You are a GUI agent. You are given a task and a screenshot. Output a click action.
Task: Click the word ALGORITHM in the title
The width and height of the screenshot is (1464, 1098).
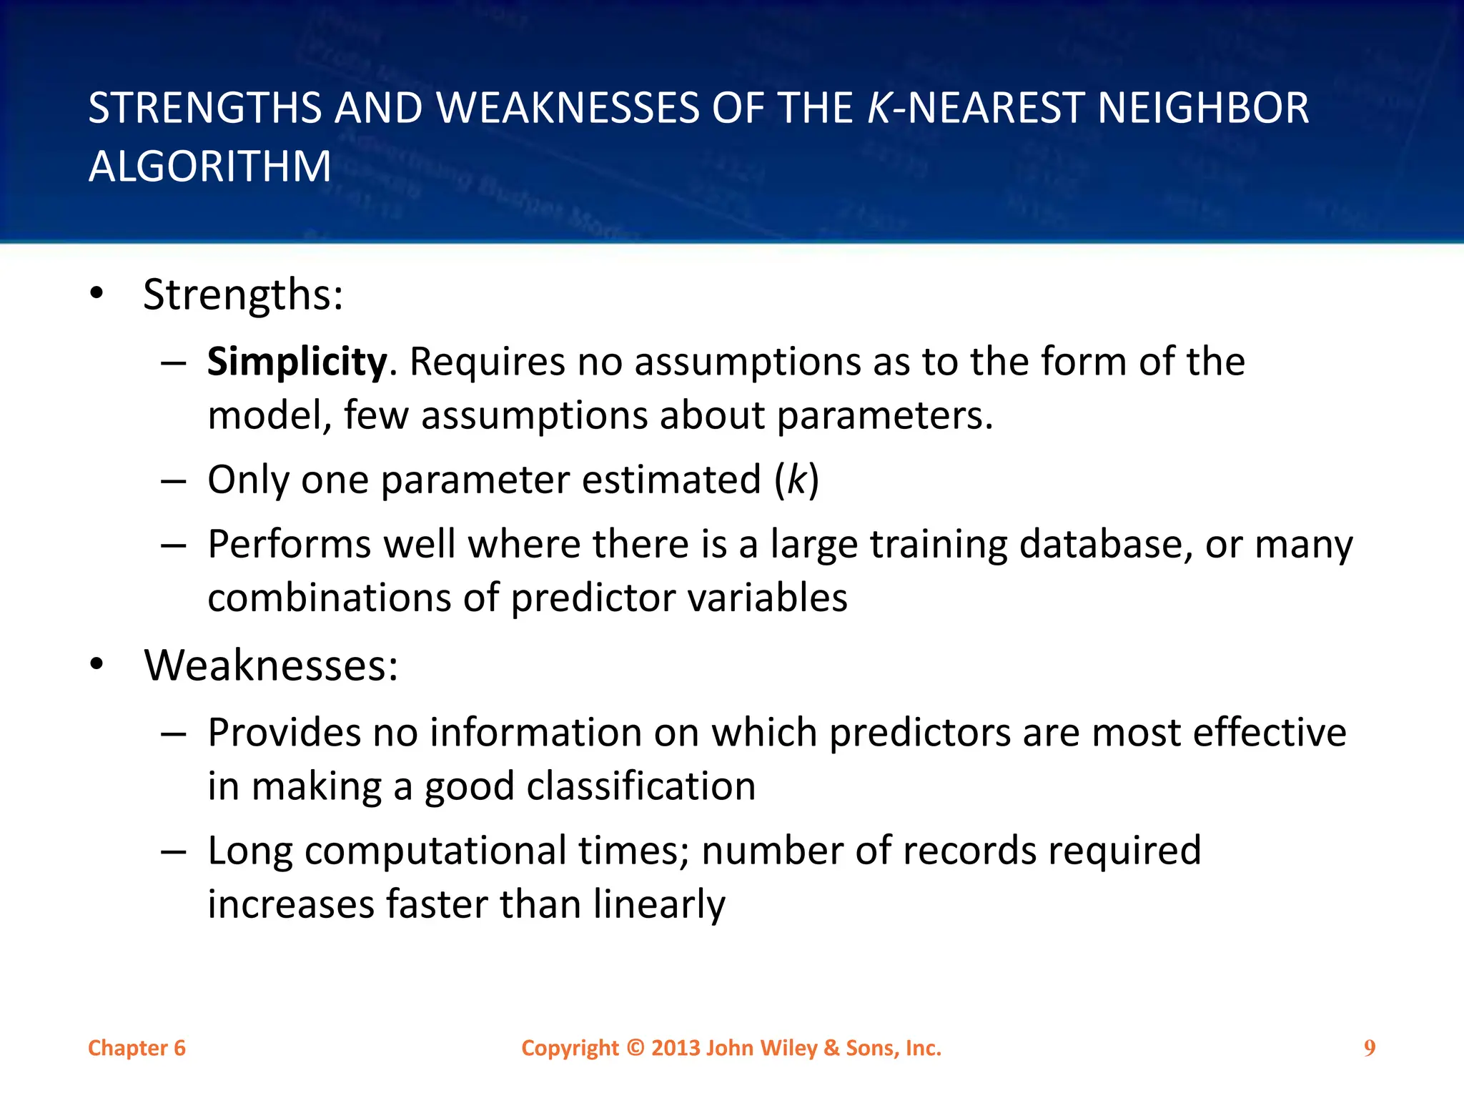(x=209, y=167)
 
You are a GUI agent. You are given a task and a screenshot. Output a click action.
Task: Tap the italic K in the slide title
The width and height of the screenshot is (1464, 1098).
(x=878, y=108)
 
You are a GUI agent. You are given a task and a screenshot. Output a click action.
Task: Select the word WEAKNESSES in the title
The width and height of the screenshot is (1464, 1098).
(x=568, y=108)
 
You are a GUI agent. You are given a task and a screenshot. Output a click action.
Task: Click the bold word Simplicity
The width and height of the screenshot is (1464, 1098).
(x=297, y=362)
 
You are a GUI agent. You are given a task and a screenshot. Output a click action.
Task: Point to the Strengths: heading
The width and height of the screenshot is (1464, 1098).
(x=243, y=295)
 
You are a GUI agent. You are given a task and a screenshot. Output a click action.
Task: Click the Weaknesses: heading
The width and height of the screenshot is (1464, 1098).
(x=271, y=666)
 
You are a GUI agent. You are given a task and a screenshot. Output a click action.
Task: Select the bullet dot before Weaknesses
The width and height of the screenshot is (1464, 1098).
(x=97, y=665)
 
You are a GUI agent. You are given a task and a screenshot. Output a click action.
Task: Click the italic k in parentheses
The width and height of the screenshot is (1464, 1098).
(x=796, y=480)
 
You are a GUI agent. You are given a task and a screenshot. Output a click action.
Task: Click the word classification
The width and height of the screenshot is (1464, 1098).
(x=641, y=786)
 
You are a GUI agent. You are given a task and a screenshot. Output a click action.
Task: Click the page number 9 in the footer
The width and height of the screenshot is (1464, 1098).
(x=1369, y=1048)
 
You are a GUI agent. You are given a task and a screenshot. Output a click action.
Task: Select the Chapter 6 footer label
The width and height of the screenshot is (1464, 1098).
(x=137, y=1048)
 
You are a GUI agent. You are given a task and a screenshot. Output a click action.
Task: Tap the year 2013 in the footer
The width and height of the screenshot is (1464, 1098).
(x=676, y=1048)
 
